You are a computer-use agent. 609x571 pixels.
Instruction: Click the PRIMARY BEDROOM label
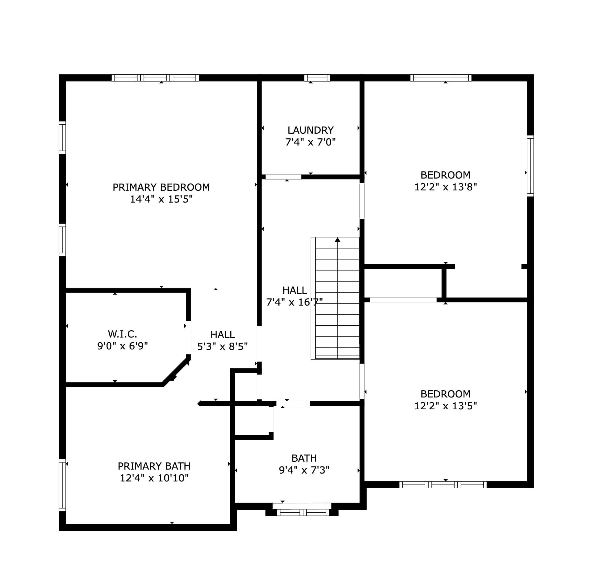pyautogui.click(x=161, y=187)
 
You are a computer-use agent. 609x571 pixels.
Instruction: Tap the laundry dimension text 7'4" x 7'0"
pyautogui.click(x=310, y=142)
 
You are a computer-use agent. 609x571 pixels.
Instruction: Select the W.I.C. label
pyautogui.click(x=122, y=334)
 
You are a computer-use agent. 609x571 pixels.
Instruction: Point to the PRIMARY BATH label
pyautogui.click(x=154, y=466)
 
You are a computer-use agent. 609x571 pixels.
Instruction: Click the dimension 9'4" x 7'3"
pyautogui.click(x=304, y=470)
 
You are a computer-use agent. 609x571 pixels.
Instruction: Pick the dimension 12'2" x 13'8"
pyautogui.click(x=445, y=187)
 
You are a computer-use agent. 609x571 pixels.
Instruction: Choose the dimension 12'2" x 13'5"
pyautogui.click(x=445, y=406)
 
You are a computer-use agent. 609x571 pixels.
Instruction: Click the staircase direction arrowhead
pyautogui.click(x=337, y=240)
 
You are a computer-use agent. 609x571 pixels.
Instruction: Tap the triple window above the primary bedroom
pyautogui.click(x=155, y=78)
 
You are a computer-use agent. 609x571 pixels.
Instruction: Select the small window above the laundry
pyautogui.click(x=317, y=78)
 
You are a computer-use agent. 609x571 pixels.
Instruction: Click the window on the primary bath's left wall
pyautogui.click(x=62, y=485)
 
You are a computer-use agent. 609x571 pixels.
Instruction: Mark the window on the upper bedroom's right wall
pyautogui.click(x=530, y=166)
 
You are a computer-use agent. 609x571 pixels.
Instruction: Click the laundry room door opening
pyautogui.click(x=283, y=177)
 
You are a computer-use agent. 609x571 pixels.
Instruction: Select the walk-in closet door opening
pyautogui.click(x=189, y=337)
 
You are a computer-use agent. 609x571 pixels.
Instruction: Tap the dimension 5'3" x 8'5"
pyautogui.click(x=222, y=347)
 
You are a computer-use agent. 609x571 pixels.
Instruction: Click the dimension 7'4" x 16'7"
pyautogui.click(x=294, y=302)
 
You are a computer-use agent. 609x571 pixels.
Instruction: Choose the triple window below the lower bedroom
pyautogui.click(x=443, y=485)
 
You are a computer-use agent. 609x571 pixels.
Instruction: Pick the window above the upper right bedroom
pyautogui.click(x=441, y=78)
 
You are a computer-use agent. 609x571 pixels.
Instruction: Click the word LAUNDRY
pyautogui.click(x=310, y=130)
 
